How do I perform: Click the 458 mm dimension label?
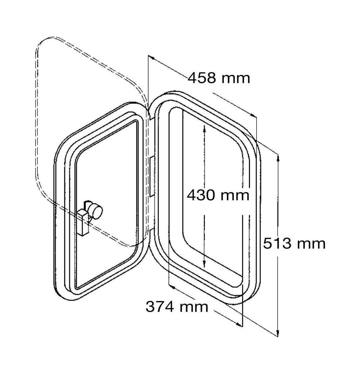point(219,78)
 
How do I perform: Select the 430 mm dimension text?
point(218,195)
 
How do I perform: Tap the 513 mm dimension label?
point(294,243)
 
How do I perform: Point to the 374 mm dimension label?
point(177,307)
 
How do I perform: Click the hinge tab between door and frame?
point(152,177)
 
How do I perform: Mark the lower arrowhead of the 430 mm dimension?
point(204,264)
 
